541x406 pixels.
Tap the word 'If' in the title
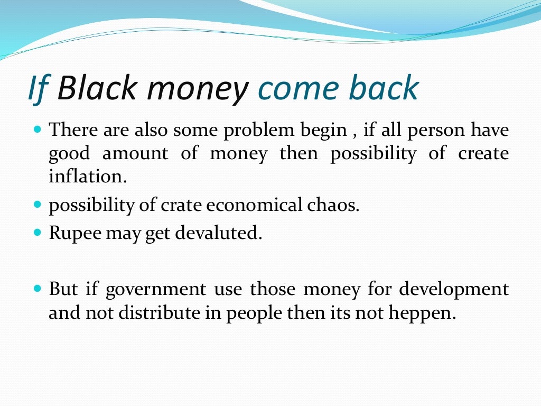pos(39,88)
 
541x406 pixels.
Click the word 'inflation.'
pos(88,177)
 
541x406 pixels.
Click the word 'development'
pos(454,290)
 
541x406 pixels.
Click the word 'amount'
pos(135,154)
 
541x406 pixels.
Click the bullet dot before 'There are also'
pos(37,128)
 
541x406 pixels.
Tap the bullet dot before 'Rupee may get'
pos(37,232)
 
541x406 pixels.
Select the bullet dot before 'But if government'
pos(37,289)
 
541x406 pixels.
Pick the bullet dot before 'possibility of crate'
pos(37,204)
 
